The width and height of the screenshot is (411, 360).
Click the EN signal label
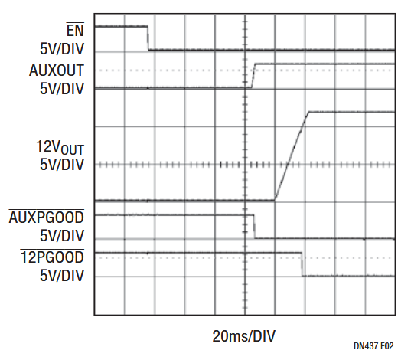pos(75,30)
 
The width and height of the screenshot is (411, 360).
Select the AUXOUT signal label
pos(57,70)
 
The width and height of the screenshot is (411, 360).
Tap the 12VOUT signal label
pos(60,147)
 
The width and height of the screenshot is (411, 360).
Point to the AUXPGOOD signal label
pos(47,218)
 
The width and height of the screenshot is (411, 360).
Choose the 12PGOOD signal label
pos(52,257)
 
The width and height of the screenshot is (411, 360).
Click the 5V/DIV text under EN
pos(62,49)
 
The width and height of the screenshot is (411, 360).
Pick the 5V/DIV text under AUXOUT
pos(62,88)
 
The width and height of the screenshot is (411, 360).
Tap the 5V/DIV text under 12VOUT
pos(62,165)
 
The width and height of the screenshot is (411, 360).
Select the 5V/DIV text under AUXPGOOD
pos(62,235)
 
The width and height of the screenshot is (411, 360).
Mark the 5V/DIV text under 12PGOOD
pos(62,275)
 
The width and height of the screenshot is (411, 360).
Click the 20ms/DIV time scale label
pos(244,336)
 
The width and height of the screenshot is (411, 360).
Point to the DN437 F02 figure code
pos(373,346)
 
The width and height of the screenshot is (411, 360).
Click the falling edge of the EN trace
pos(148,38)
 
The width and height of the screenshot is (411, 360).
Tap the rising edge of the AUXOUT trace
pos(253,76)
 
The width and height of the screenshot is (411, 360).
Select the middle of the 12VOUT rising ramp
pos(292,156)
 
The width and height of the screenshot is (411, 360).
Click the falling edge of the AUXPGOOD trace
pos(254,227)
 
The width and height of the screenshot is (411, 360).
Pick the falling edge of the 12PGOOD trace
pos(302,264)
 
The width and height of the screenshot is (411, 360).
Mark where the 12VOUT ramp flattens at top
pos(308,112)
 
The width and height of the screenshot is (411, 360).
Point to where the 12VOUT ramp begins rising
pos(275,201)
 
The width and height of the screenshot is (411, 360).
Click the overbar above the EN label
pos(75,23)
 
